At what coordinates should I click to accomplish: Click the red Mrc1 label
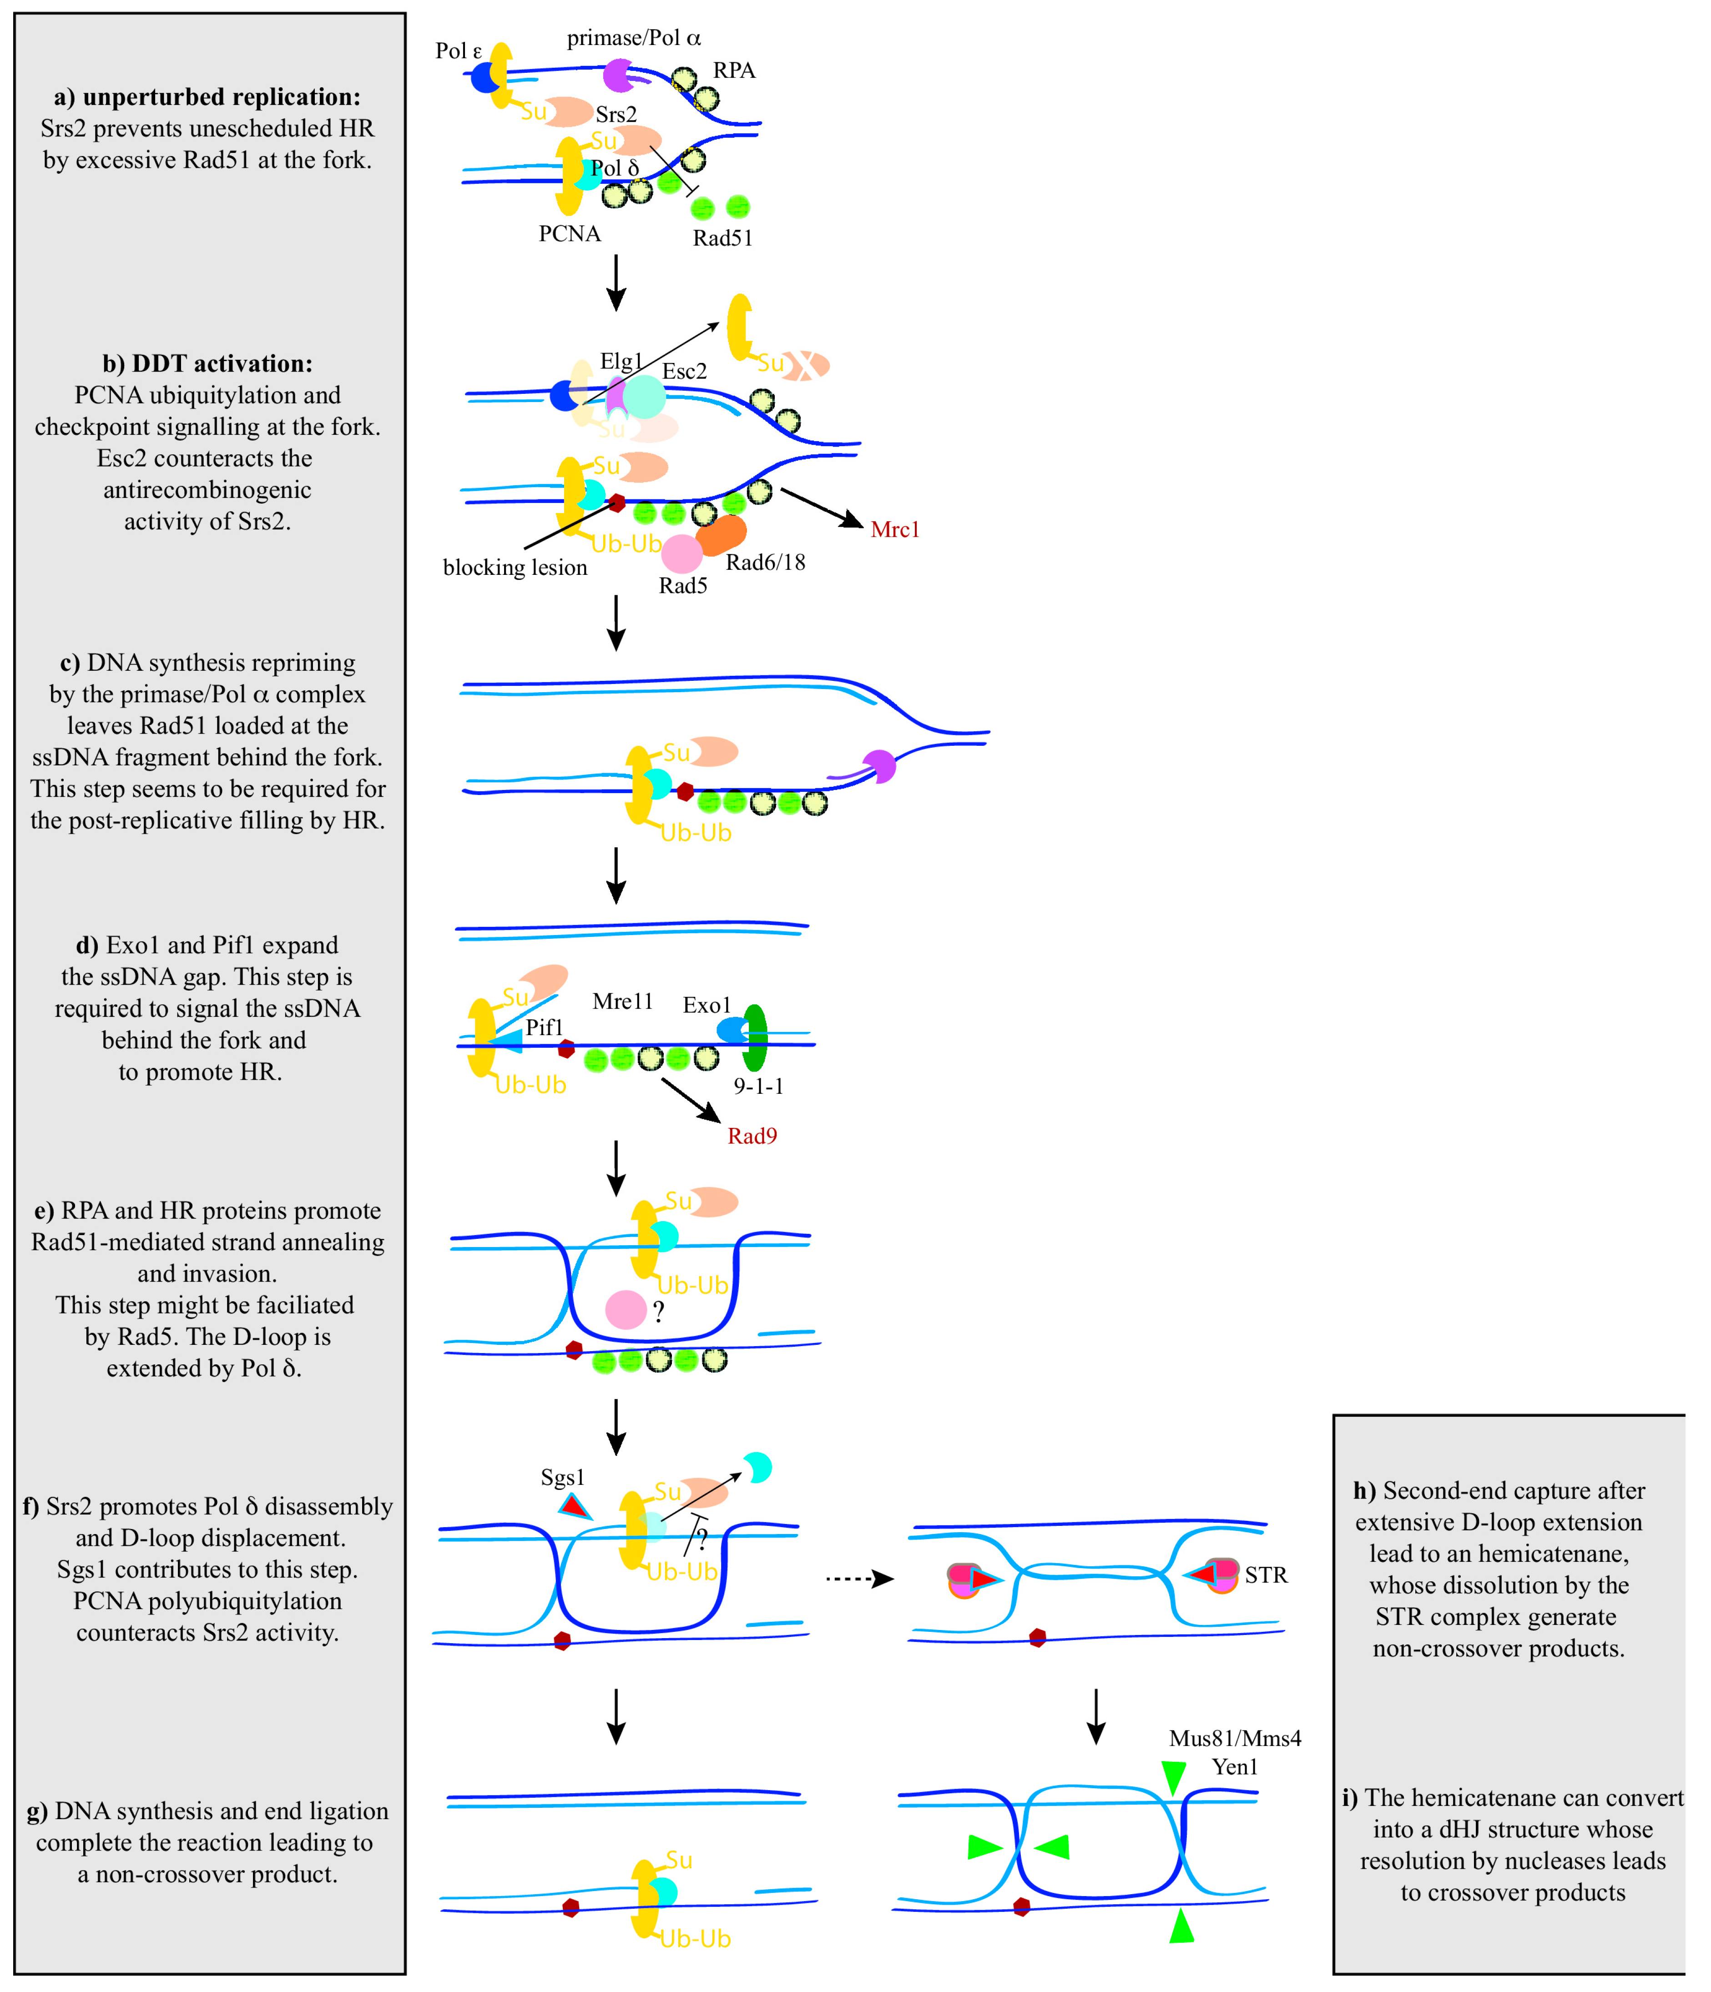pyautogui.click(x=894, y=530)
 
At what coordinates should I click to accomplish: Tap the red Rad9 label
pyautogui.click(x=752, y=1137)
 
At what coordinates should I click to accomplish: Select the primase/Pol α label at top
pyautogui.click(x=634, y=39)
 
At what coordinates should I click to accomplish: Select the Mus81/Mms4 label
pyautogui.click(x=1235, y=1738)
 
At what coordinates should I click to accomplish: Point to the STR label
pyautogui.click(x=1266, y=1575)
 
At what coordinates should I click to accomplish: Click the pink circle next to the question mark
pyautogui.click(x=625, y=1309)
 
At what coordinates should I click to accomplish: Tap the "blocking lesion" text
pyautogui.click(x=515, y=567)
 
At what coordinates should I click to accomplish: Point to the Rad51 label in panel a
pyautogui.click(x=722, y=238)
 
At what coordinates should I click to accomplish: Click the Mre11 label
pyautogui.click(x=622, y=1002)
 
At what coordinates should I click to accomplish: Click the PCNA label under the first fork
pyautogui.click(x=570, y=234)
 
